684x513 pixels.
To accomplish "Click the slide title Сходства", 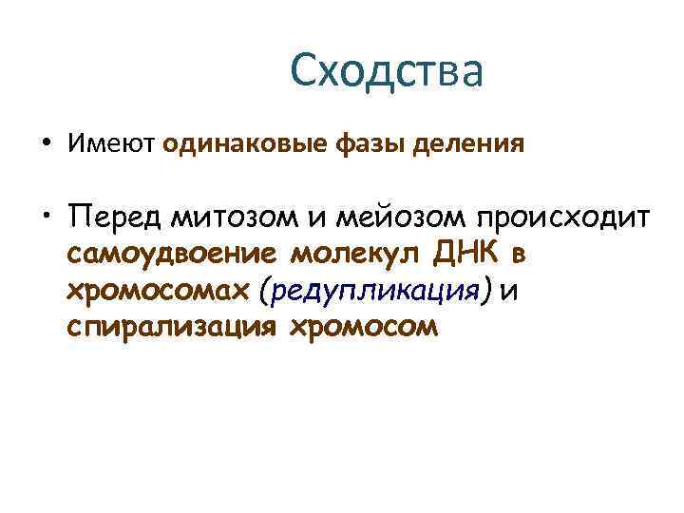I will [387, 72].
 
